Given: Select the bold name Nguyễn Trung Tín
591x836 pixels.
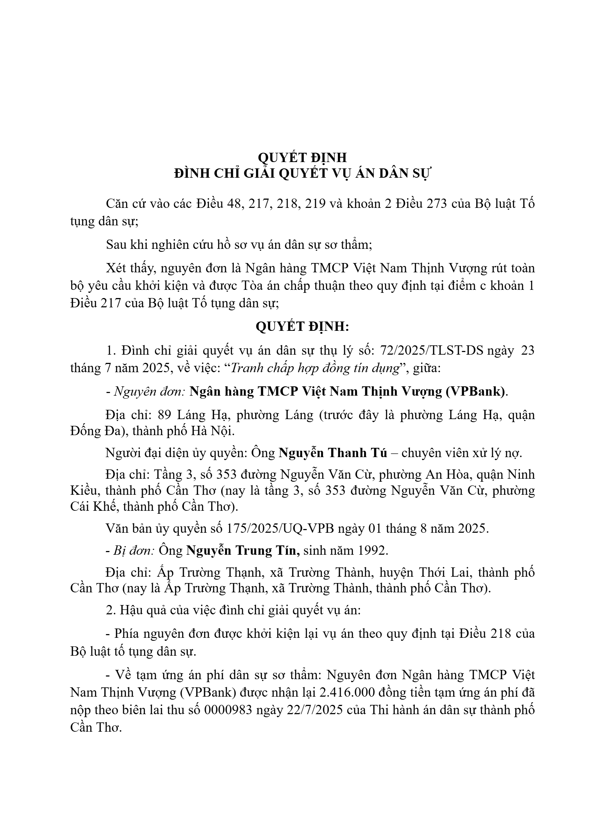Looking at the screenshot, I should pos(243,550).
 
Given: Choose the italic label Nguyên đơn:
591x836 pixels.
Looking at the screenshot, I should pos(149,392).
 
